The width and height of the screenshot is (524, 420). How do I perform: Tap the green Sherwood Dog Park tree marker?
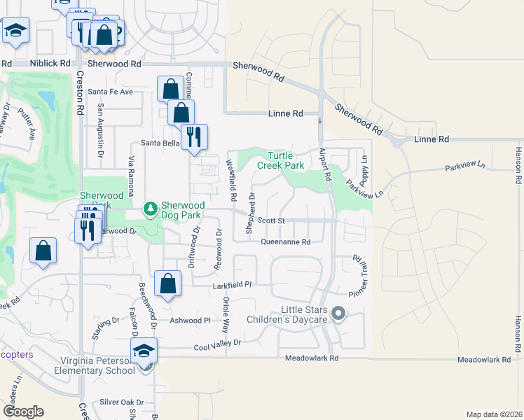coord(149,209)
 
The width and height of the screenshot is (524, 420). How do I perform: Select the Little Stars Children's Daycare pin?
coord(339,314)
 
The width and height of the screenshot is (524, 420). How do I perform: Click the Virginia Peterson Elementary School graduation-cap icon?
coord(144,350)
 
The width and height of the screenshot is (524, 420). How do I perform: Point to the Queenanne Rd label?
coord(285,242)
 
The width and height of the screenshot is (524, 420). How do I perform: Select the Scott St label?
coord(270,220)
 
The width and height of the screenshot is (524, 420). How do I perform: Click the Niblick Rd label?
coord(50,63)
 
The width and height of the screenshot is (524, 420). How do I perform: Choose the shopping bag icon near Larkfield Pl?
coord(167,283)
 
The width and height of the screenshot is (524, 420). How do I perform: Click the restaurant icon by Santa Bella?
coord(194,136)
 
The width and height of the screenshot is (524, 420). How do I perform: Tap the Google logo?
coord(23,412)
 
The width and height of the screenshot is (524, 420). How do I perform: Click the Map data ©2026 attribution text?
coord(494,414)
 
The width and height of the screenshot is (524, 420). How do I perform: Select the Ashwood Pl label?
coord(193,320)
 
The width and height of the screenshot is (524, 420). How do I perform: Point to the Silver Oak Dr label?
coord(120,402)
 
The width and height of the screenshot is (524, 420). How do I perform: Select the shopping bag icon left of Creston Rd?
coord(43,251)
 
